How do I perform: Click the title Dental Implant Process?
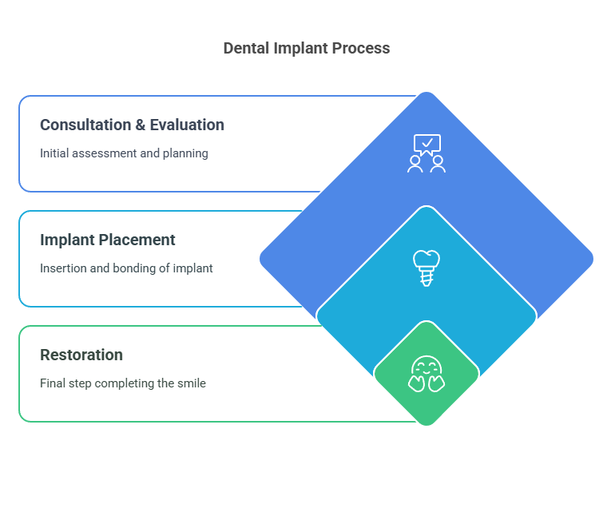click(307, 48)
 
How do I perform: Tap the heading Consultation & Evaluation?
click(132, 125)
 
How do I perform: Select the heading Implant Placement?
click(108, 240)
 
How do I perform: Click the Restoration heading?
click(81, 355)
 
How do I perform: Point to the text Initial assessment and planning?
click(124, 153)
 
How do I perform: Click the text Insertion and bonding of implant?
click(126, 268)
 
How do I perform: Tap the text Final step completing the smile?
click(123, 383)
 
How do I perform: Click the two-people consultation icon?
click(427, 153)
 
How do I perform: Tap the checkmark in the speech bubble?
click(427, 144)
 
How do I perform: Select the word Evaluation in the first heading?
click(187, 125)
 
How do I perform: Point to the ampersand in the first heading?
click(140, 125)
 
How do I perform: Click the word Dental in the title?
click(246, 48)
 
